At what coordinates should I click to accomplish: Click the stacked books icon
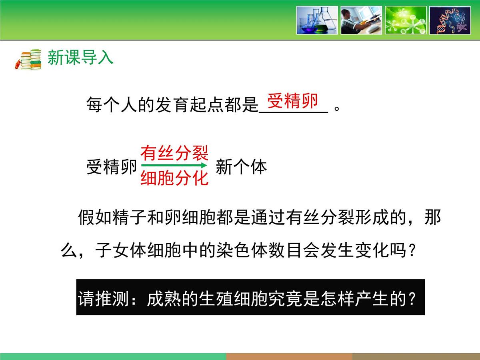point(28,59)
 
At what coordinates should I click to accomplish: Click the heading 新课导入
point(80,58)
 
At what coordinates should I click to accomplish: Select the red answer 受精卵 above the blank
point(293,102)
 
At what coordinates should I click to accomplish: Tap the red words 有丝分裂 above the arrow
point(174,153)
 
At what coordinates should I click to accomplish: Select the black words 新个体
point(241,167)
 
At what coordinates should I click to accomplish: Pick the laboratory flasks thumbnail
point(317,20)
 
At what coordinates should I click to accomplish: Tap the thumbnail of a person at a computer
point(361,20)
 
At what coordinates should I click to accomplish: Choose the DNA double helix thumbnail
point(450,20)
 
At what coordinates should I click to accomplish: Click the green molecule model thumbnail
point(405,20)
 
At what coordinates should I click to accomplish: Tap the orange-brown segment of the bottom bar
point(289,356)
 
